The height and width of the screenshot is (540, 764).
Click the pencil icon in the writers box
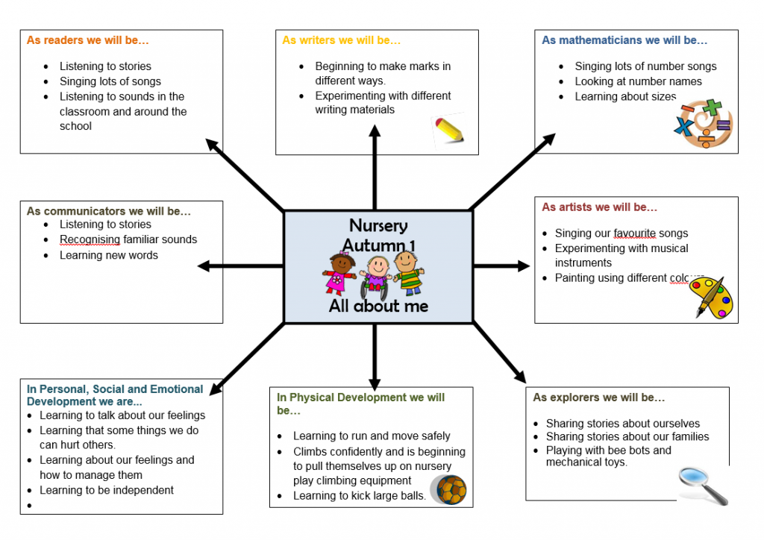pyautogui.click(x=449, y=131)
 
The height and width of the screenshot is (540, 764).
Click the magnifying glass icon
pyautogui.click(x=702, y=485)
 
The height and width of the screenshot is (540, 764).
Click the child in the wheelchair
pyautogui.click(x=375, y=275)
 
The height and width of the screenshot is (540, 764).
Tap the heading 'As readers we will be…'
pyautogui.click(x=88, y=40)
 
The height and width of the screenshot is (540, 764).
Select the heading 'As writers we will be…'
pyautogui.click(x=341, y=40)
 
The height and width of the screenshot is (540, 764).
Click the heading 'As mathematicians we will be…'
pyautogui.click(x=624, y=40)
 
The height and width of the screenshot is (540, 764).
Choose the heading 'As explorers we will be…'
pyautogui.click(x=598, y=398)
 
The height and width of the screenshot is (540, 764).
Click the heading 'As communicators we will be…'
pyautogui.click(x=109, y=211)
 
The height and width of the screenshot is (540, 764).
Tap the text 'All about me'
pyautogui.click(x=378, y=306)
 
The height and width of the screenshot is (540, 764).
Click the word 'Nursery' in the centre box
pyautogui.click(x=378, y=225)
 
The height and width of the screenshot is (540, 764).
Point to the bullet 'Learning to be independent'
pyautogui.click(x=107, y=490)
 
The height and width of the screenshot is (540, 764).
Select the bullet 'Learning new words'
pyautogui.click(x=109, y=255)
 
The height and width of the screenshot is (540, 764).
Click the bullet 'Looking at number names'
pyautogui.click(x=638, y=81)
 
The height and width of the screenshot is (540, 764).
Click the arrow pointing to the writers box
pyautogui.click(x=375, y=168)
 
